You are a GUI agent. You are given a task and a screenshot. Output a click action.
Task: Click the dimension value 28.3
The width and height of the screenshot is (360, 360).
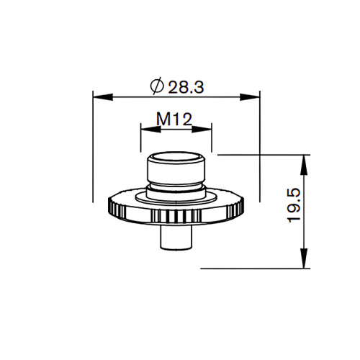[187, 86]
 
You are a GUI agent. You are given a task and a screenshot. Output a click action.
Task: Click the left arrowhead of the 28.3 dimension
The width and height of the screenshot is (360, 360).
[99, 96]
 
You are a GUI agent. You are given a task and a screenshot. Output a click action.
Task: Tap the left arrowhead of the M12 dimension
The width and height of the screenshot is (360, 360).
[145, 130]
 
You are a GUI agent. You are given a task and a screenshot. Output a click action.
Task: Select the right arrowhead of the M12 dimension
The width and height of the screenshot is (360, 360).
[209, 130]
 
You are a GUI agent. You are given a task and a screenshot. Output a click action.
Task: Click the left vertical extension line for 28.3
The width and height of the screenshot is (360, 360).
[94, 144]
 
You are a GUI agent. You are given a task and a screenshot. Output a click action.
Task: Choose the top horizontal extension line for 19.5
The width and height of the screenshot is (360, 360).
[259, 153]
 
